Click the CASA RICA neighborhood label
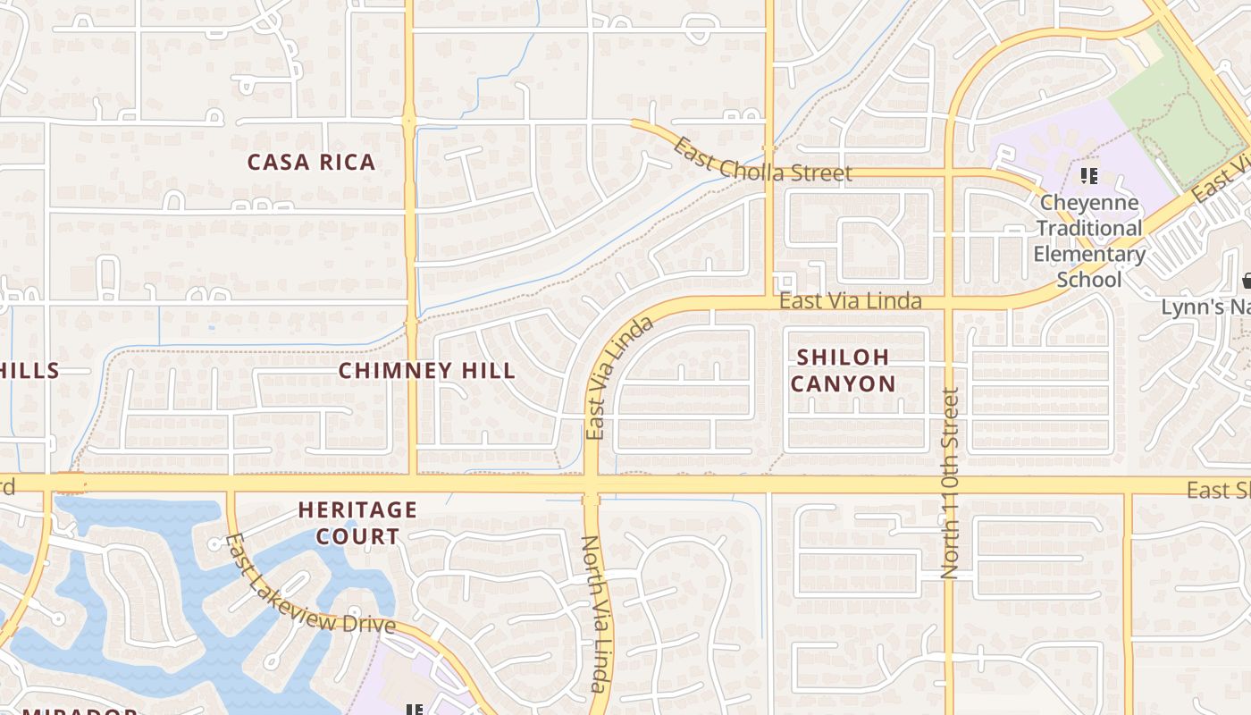(x=311, y=163)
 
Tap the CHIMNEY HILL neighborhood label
(x=427, y=371)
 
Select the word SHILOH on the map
(x=843, y=357)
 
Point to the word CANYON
(x=843, y=384)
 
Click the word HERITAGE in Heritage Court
(x=357, y=510)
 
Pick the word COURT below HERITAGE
(x=357, y=537)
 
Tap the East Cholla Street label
(x=761, y=161)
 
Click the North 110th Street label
(x=951, y=483)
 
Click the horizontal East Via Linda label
(x=850, y=301)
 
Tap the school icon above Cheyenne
(x=1088, y=176)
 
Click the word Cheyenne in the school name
(x=1089, y=203)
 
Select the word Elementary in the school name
(x=1089, y=255)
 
